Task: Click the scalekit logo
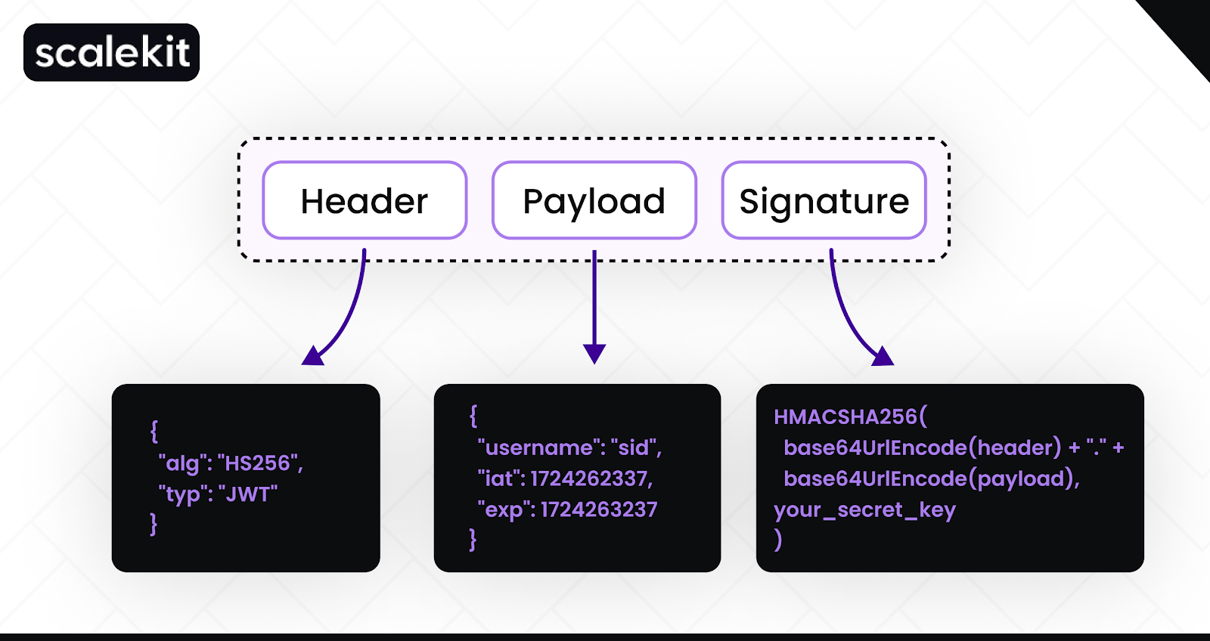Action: click(x=112, y=52)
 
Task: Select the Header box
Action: click(x=365, y=200)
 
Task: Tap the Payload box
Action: click(x=594, y=200)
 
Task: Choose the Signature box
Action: click(x=824, y=200)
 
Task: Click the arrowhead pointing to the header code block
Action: click(x=313, y=355)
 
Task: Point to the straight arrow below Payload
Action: click(x=594, y=302)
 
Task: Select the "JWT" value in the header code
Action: click(x=248, y=494)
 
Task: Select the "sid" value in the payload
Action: click(x=634, y=447)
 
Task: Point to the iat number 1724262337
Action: click(x=589, y=478)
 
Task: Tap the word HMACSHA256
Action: click(x=845, y=416)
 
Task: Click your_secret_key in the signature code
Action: click(x=864, y=510)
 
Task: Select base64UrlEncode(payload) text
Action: click(x=929, y=478)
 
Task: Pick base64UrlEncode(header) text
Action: click(x=922, y=447)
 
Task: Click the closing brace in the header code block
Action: click(x=154, y=524)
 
